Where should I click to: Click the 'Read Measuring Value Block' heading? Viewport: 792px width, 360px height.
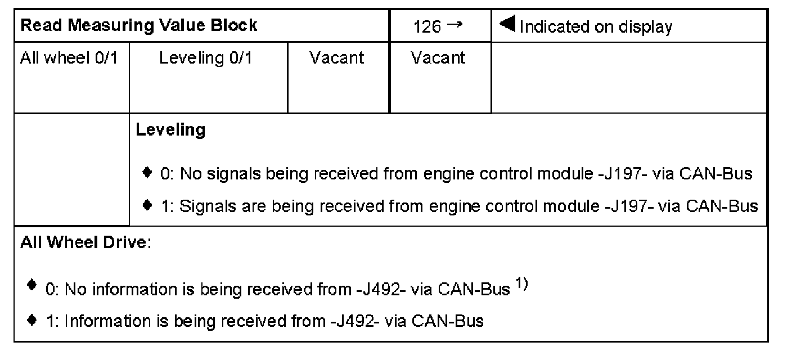(138, 26)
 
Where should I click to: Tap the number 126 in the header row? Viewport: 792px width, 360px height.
(427, 27)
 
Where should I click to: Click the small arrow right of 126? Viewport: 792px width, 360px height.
(455, 25)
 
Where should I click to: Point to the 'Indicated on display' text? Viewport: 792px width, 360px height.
(595, 27)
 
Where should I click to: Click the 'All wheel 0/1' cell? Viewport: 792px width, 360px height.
(69, 58)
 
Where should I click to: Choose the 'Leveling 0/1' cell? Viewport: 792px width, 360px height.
(205, 58)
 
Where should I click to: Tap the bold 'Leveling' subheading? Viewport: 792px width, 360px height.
(170, 130)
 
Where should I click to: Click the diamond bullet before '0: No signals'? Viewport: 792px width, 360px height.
(147, 173)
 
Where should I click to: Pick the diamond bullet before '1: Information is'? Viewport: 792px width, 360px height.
(32, 320)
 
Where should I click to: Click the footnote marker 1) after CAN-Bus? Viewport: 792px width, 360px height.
(520, 285)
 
